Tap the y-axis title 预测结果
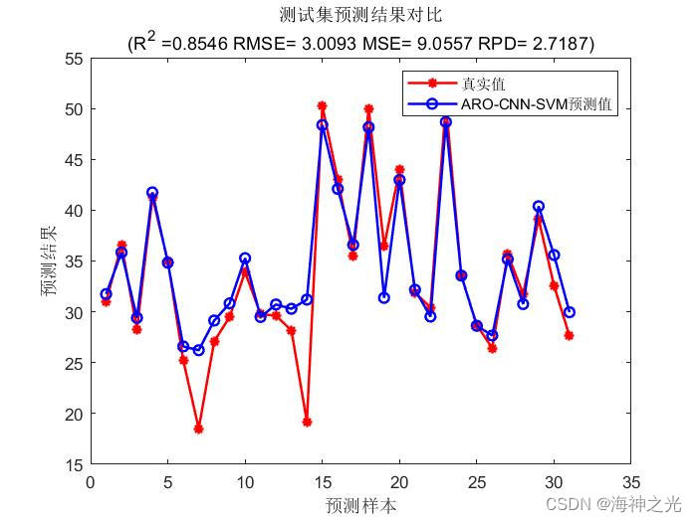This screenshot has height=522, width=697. point(49,261)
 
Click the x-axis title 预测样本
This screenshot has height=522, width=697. point(359,505)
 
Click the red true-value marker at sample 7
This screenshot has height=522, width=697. point(198,429)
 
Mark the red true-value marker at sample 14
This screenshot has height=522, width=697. point(307,422)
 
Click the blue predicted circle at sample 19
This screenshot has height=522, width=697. point(383,297)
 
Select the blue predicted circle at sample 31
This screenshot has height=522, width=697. point(569,311)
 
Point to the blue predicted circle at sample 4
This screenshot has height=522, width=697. point(152,193)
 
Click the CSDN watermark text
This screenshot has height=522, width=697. point(631,504)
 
